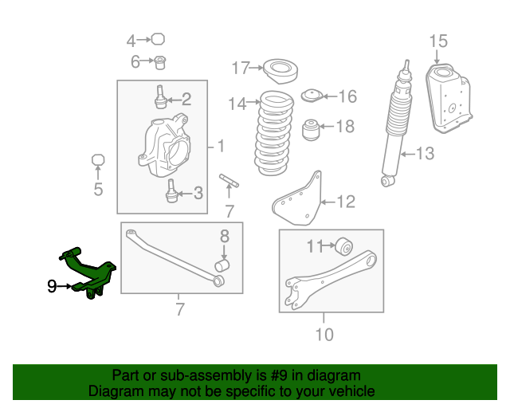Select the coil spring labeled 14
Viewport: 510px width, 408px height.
274,133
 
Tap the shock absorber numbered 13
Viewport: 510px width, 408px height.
396,124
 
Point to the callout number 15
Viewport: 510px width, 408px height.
438,41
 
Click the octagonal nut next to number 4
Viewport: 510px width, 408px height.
158,39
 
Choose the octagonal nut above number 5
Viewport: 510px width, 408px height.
98,160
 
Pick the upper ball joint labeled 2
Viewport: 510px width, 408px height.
160,97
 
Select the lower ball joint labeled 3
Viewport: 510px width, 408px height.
171,191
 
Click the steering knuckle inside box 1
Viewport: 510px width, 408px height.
164,145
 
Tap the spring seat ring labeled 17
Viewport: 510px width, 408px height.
280,71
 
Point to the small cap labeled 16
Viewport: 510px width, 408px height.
312,96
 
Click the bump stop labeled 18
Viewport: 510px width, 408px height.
311,130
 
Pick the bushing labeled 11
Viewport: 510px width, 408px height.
344,246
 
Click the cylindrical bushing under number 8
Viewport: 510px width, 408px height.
222,265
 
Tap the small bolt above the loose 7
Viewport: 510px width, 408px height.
229,181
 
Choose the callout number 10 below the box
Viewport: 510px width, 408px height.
324,335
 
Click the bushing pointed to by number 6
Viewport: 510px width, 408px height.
159,62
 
